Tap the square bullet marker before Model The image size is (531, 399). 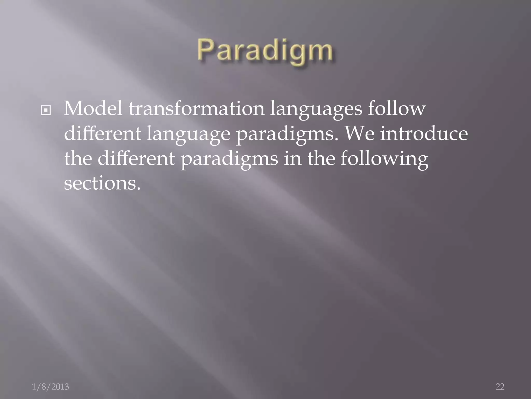[x=46, y=110]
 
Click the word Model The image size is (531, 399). [x=93, y=109]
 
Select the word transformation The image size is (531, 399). [x=196, y=109]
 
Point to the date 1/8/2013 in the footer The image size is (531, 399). [x=50, y=387]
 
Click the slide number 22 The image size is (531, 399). [x=500, y=387]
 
